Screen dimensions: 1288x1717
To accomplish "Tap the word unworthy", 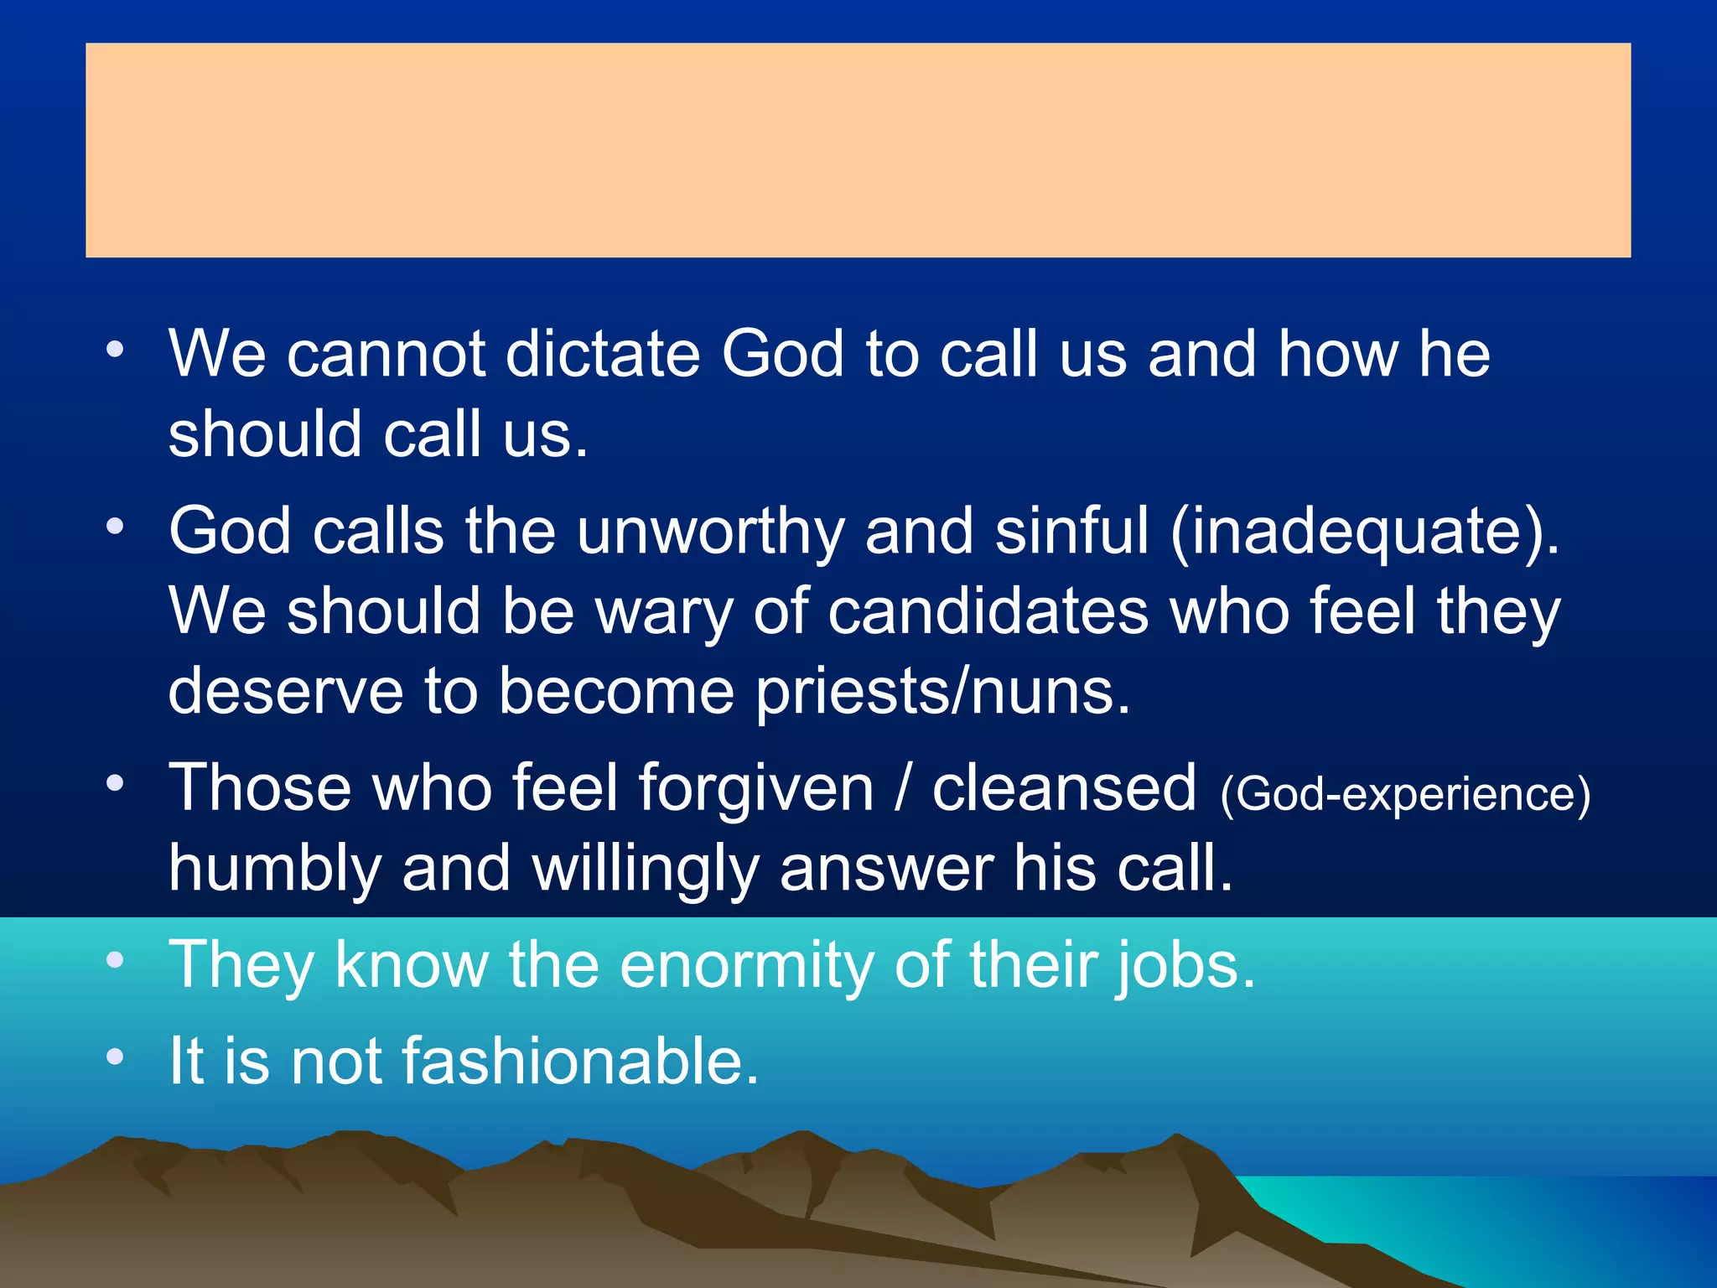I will pos(711,532).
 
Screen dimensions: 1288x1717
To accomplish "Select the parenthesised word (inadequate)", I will pos(1365,532).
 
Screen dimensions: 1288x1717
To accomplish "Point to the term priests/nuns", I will pos(942,691).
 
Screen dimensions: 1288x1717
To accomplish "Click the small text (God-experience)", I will pos(1405,793).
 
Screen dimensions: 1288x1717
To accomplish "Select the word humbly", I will pos(275,869).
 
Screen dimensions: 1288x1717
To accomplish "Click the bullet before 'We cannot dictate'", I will pos(115,349).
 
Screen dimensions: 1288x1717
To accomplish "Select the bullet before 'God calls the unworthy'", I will pos(115,527).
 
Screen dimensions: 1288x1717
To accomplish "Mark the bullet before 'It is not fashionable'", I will pos(115,1057).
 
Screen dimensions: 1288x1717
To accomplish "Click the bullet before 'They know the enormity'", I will pos(115,960).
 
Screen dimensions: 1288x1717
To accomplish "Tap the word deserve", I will pos(285,691).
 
